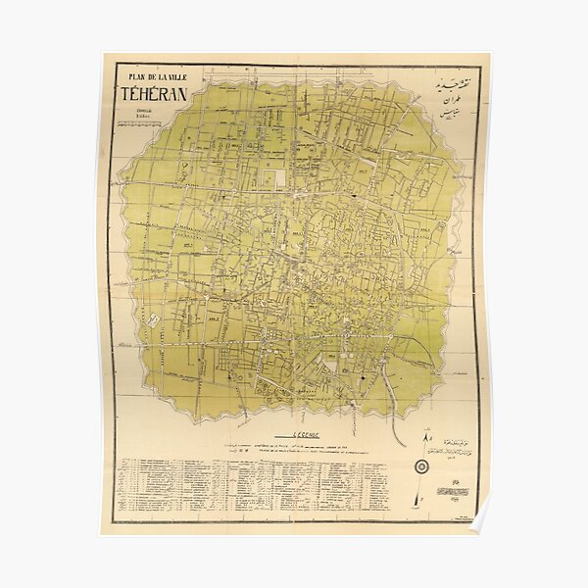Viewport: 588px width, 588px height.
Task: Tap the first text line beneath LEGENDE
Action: [294, 444]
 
